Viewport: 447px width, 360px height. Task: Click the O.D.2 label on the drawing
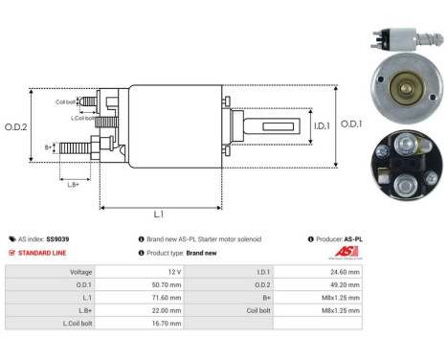pyautogui.click(x=16, y=125)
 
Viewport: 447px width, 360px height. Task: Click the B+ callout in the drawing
pyautogui.click(x=50, y=146)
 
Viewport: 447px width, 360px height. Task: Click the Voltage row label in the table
pyautogui.click(x=81, y=271)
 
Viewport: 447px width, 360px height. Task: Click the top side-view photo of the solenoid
pyautogui.click(x=403, y=39)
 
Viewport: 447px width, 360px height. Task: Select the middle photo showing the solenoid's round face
pyautogui.click(x=403, y=101)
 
